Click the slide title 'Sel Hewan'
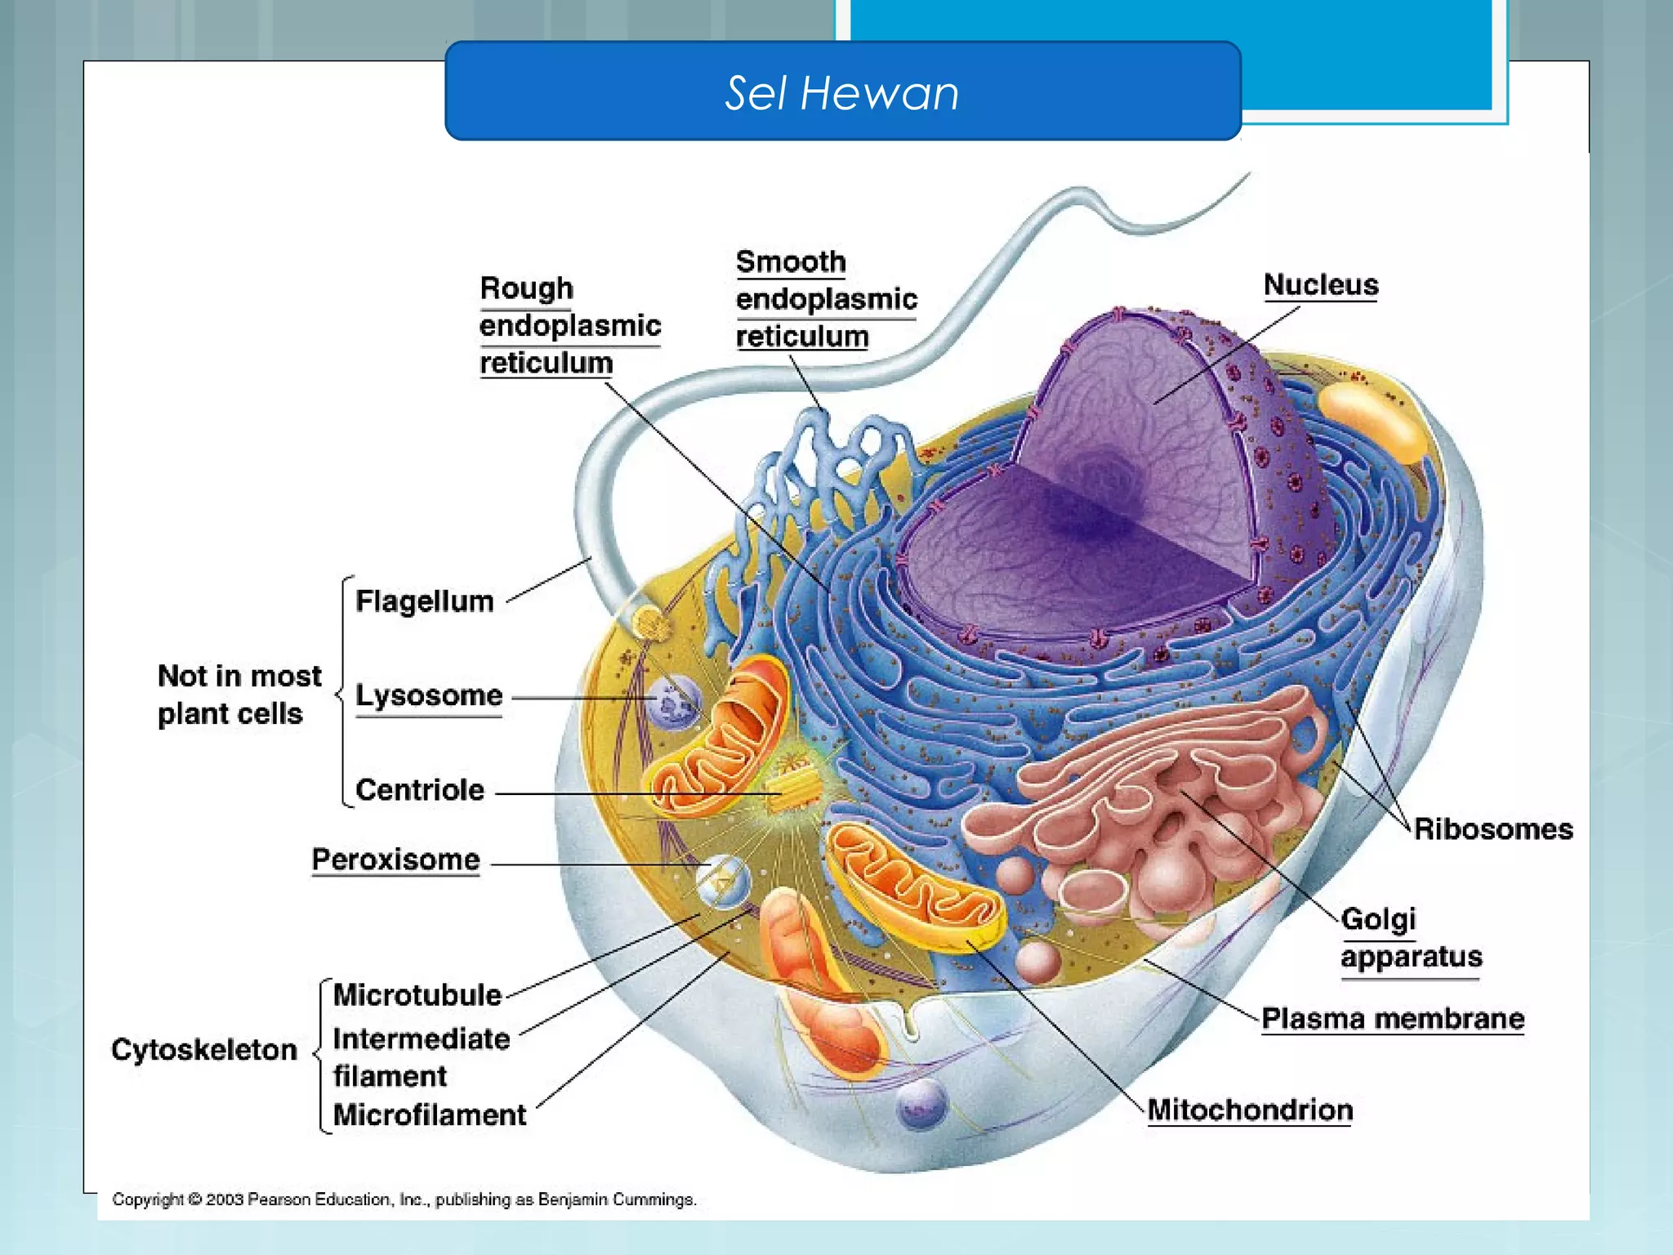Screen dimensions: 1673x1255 coord(842,92)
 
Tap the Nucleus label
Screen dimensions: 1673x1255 coord(1321,284)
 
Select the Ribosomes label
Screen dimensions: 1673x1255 coord(1493,828)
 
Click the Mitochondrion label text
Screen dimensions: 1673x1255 coord(1250,1110)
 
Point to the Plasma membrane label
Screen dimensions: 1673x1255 coord(1393,1018)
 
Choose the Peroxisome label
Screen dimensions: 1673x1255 coord(395,860)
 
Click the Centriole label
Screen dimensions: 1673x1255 coord(420,789)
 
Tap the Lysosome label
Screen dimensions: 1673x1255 coord(429,695)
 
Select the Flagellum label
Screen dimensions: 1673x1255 coord(425,601)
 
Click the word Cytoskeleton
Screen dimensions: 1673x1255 coord(204,1049)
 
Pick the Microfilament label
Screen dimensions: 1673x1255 coord(430,1114)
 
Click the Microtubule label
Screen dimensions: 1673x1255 coord(417,994)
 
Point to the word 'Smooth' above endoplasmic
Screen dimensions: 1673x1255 coord(791,261)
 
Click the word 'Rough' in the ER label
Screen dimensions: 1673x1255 coord(526,288)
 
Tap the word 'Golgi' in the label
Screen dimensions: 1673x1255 coord(1378,919)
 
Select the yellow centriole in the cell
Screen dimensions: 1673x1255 coord(791,787)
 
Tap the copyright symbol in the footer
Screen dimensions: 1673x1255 coord(194,1199)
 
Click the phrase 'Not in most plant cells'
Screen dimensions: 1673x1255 coord(239,694)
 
